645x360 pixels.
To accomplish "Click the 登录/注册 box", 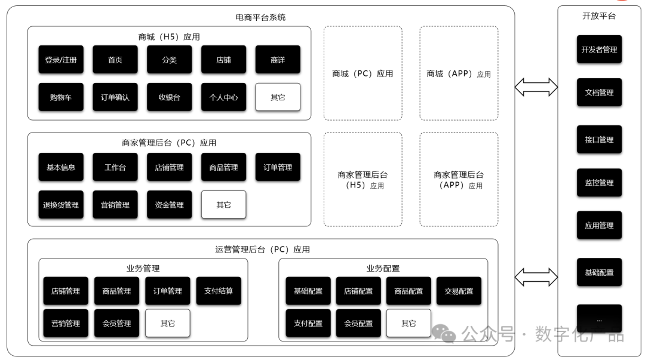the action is point(61,60).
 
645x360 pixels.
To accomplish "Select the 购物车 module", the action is point(61,97).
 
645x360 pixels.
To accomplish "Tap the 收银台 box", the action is point(170,97).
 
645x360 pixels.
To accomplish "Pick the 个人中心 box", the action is point(224,97).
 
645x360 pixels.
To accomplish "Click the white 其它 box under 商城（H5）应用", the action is point(278,97).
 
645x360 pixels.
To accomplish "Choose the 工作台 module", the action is point(115,167).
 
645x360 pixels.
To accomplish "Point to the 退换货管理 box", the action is point(61,205).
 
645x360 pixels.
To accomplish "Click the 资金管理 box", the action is point(170,205).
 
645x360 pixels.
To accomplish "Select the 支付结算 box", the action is point(219,291).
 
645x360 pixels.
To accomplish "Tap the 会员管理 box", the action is point(117,324).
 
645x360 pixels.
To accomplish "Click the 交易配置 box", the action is point(459,291).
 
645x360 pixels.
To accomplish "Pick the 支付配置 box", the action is point(308,324).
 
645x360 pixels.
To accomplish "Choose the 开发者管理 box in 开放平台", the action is point(600,50).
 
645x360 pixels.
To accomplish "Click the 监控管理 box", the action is point(600,182).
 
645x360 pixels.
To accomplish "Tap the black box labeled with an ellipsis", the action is point(600,319).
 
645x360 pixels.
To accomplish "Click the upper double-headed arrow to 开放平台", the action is point(536,87).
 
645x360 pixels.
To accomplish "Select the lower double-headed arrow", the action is point(536,277).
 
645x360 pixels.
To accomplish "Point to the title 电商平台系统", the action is point(260,17).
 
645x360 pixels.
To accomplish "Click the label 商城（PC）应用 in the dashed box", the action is point(363,73).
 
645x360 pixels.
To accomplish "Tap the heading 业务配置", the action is point(383,268).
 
